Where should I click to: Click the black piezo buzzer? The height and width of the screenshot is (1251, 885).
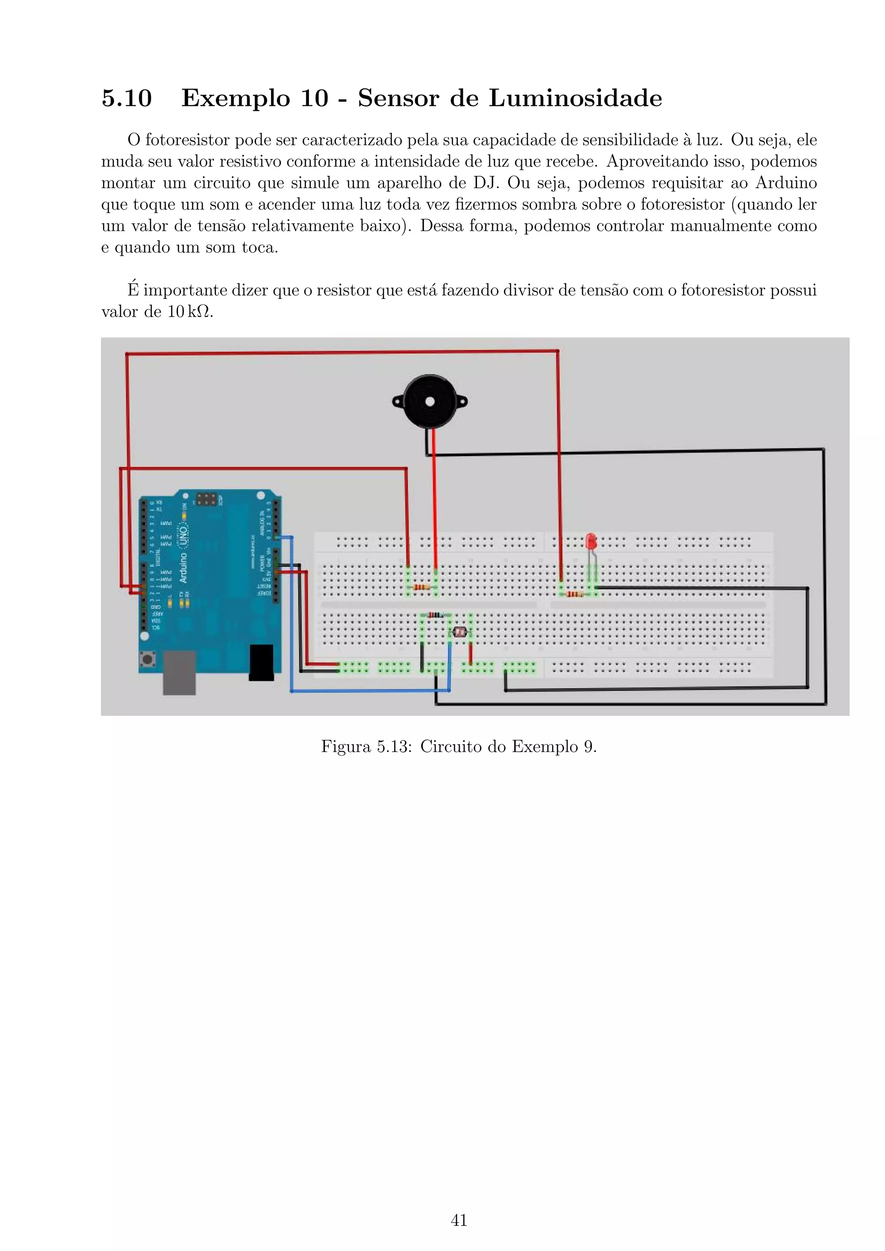click(x=430, y=402)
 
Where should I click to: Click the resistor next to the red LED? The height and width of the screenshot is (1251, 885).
click(x=575, y=594)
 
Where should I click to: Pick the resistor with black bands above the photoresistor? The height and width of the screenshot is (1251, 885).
click(x=435, y=615)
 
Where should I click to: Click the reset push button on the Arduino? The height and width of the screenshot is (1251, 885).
click(x=147, y=660)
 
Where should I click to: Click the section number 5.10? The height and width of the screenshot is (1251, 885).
click(x=127, y=98)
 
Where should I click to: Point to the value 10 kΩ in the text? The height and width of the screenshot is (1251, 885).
click(x=191, y=312)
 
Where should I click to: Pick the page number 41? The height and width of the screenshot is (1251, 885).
click(x=459, y=1220)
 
